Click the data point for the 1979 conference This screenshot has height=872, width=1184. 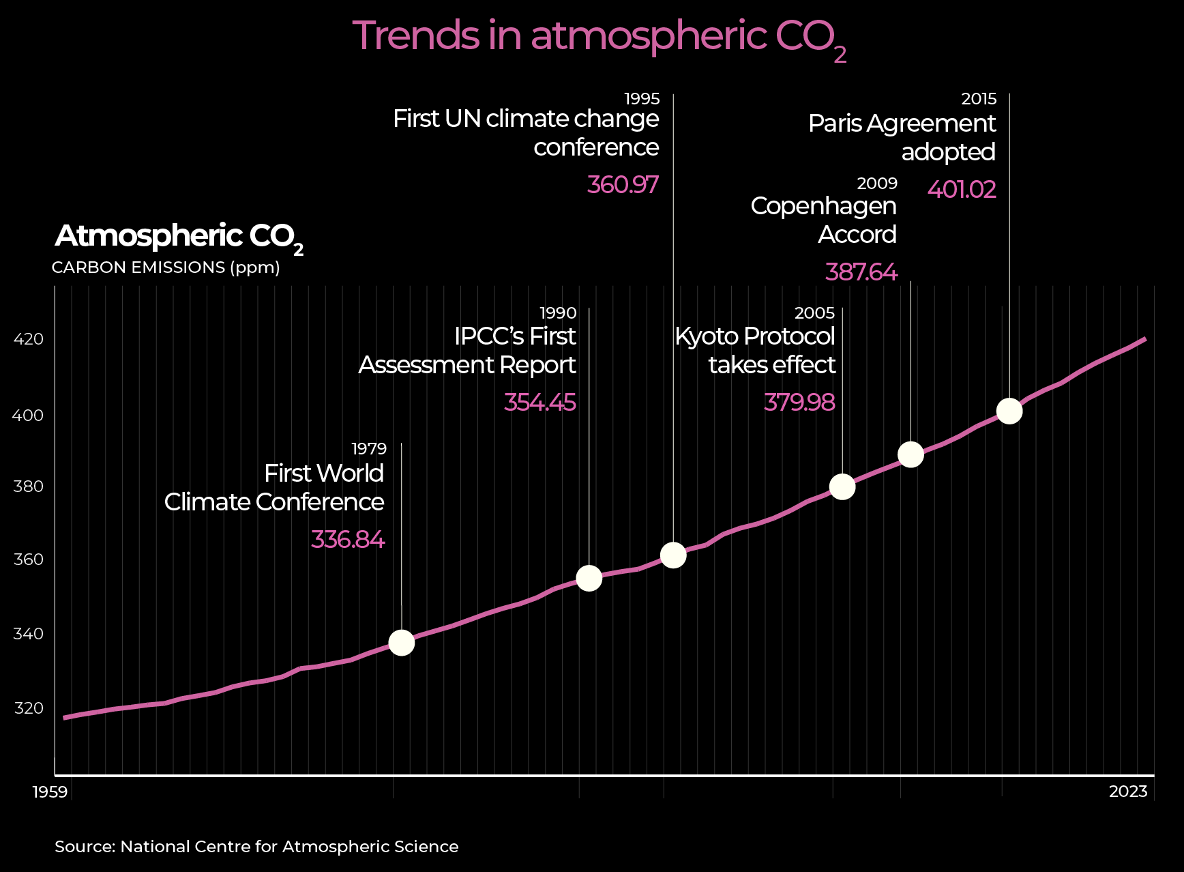tap(401, 643)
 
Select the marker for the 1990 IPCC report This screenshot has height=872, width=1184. tap(589, 579)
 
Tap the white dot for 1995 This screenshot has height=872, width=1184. tap(673, 555)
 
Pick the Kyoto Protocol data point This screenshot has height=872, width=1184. tap(842, 486)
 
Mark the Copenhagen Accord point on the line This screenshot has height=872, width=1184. tap(911, 454)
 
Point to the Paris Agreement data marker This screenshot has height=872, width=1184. tap(1009, 411)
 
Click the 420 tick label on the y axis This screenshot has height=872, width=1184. tap(29, 339)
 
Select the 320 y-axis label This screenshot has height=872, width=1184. tap(29, 708)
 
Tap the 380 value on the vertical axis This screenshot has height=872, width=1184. tap(29, 486)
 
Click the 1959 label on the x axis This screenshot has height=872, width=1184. tap(50, 791)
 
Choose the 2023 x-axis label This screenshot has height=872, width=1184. tap(1128, 791)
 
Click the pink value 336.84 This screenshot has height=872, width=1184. tap(348, 540)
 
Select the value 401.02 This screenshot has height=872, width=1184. tap(962, 189)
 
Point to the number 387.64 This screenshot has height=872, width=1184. tap(861, 272)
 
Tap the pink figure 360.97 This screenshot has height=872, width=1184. tap(623, 185)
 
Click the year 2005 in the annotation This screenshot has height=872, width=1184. tap(814, 313)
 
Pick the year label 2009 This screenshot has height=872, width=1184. tap(877, 184)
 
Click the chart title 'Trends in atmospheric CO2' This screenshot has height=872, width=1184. tap(599, 37)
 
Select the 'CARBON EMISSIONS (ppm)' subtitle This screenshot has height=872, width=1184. tap(166, 267)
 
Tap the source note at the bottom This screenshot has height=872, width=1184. tap(256, 847)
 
